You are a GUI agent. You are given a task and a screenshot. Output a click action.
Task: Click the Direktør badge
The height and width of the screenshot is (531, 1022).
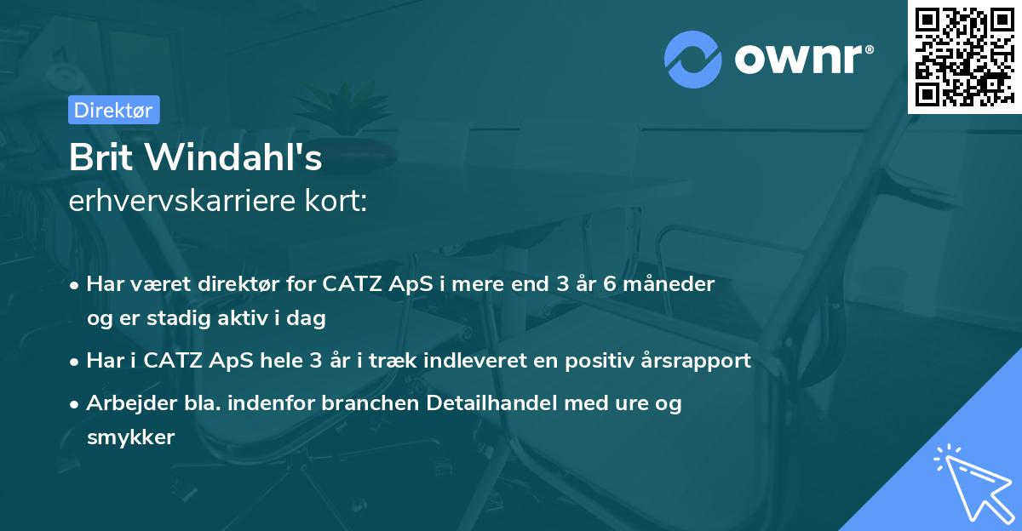point(113,110)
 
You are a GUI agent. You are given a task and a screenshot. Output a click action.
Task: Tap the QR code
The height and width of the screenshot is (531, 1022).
point(964,56)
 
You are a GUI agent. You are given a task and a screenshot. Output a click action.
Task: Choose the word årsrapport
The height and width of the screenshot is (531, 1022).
point(698,361)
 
